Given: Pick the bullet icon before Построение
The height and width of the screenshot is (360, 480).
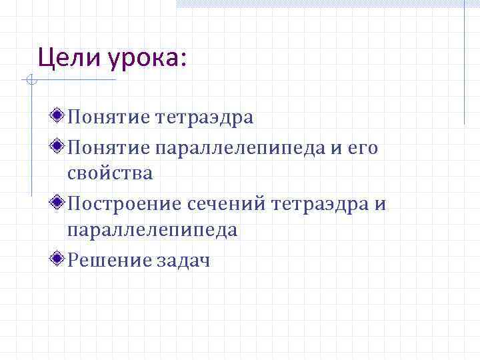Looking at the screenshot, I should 59,203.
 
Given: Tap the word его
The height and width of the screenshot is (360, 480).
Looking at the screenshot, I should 363,147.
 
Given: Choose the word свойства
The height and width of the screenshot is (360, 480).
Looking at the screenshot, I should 110,175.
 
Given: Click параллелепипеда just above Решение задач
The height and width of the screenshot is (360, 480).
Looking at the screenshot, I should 152,231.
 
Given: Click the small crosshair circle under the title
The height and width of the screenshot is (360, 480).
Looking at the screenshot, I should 30,81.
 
